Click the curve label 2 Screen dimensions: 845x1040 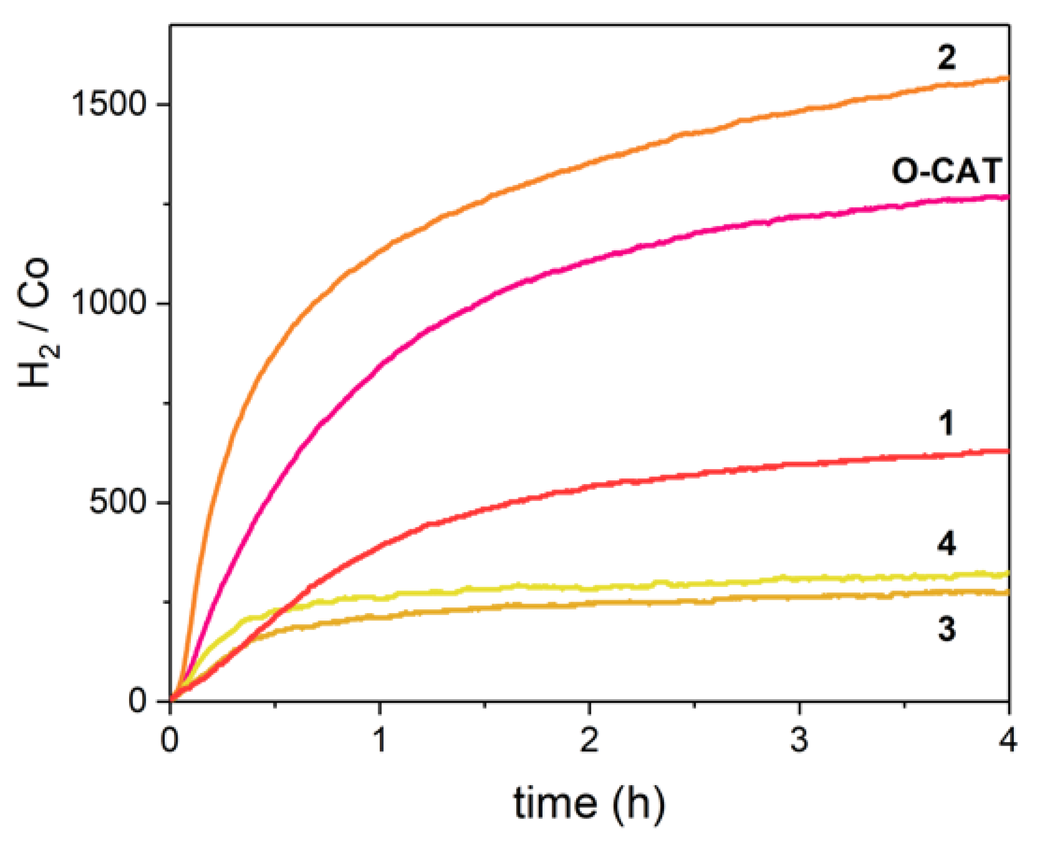tap(946, 58)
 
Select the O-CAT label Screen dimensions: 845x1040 tap(947, 171)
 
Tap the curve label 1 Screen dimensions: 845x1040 tap(946, 424)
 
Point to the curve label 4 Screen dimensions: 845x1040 tap(947, 544)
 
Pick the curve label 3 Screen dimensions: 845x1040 tap(947, 629)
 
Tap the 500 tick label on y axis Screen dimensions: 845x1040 tap(118, 502)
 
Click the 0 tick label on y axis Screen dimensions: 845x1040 tap(137, 701)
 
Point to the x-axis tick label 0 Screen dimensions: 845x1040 tap(170, 740)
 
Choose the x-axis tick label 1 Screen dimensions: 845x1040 tap(379, 740)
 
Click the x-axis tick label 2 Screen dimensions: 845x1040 tap(589, 740)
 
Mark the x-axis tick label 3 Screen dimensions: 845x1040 tap(799, 740)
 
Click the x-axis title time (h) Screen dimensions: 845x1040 tap(588, 803)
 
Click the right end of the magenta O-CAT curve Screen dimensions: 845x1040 tap(1007, 197)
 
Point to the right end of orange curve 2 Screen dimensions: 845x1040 tap(1007, 78)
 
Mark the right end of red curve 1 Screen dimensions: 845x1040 tap(1007, 450)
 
